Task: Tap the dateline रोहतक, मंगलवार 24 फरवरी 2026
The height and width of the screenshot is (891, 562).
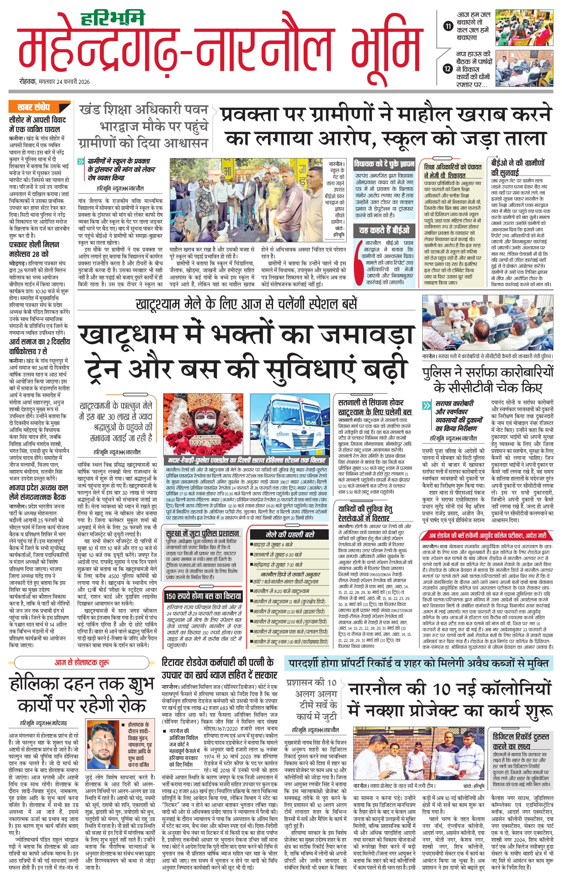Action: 54,82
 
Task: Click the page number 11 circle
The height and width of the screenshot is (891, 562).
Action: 448,26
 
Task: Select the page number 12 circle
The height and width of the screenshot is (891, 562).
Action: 448,68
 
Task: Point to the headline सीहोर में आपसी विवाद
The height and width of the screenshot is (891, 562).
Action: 37,125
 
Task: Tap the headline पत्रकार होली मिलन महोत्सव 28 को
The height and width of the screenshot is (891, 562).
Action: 34,249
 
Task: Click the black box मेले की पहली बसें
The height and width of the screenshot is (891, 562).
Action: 289,535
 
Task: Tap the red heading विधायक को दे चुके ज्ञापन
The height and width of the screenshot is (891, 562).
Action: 384,163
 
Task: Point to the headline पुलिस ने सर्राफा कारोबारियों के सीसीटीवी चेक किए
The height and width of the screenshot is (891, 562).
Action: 488,380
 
